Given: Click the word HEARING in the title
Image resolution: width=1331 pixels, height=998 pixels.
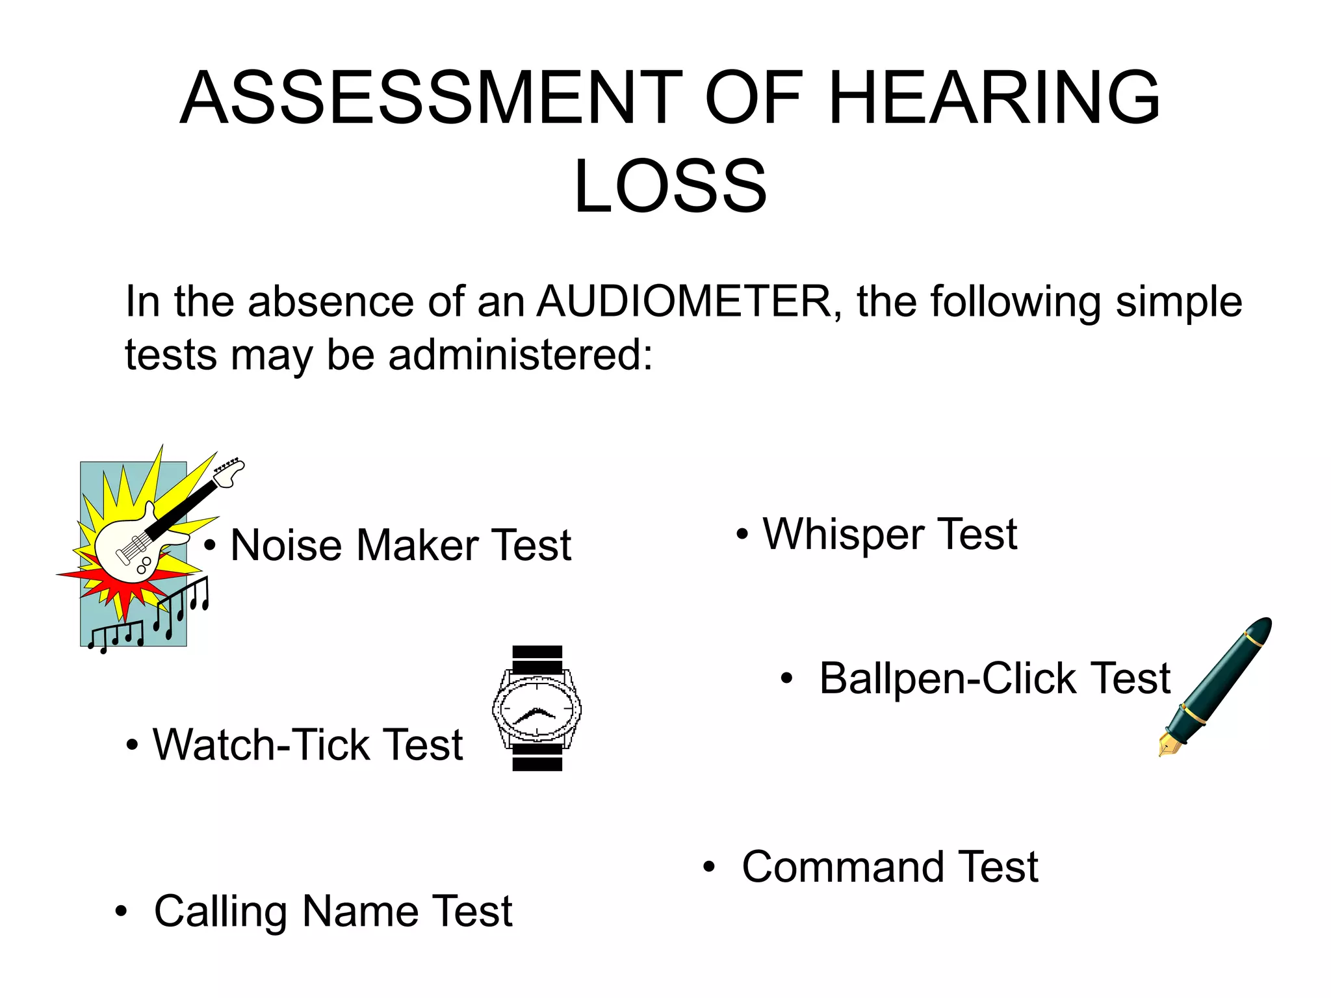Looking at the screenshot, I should [x=994, y=99].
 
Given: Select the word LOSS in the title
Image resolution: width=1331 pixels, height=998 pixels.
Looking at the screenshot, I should [x=670, y=186].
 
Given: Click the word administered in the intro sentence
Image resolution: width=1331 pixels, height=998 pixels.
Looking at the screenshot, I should [x=520, y=355].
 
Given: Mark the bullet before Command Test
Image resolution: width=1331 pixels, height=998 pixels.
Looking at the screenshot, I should [x=708, y=867].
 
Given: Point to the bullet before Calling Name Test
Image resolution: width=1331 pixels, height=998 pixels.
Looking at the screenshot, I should [x=120, y=912].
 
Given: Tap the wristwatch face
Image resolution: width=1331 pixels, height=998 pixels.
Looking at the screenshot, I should [x=537, y=708].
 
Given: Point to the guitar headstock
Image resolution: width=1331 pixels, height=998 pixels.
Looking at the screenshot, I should [x=229, y=471].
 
